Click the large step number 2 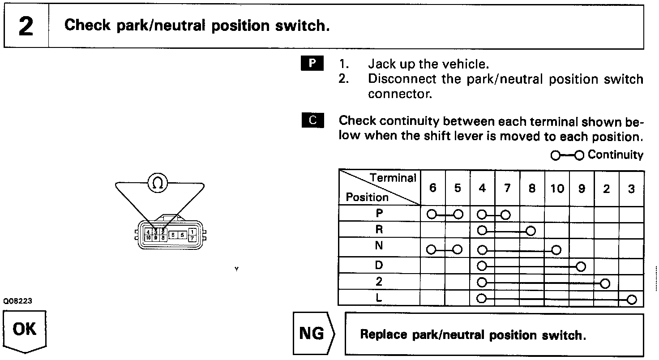[x=26, y=26]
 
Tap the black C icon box [x=312, y=120]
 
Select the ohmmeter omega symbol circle [x=158, y=183]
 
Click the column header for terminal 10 [x=557, y=189]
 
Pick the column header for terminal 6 [x=432, y=189]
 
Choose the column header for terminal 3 [x=631, y=189]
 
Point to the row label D [x=379, y=266]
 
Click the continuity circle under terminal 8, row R [x=531, y=231]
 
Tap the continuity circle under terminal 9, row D [x=581, y=266]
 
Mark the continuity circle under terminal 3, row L [x=632, y=300]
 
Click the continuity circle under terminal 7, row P [x=505, y=214]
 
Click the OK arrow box [x=25, y=330]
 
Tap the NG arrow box [x=313, y=334]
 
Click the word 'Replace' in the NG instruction [x=384, y=334]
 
